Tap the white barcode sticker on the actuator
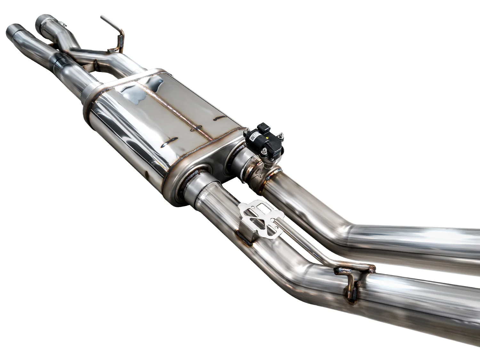[253, 137]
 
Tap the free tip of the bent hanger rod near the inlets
[102, 17]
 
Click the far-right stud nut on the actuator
[282, 135]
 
